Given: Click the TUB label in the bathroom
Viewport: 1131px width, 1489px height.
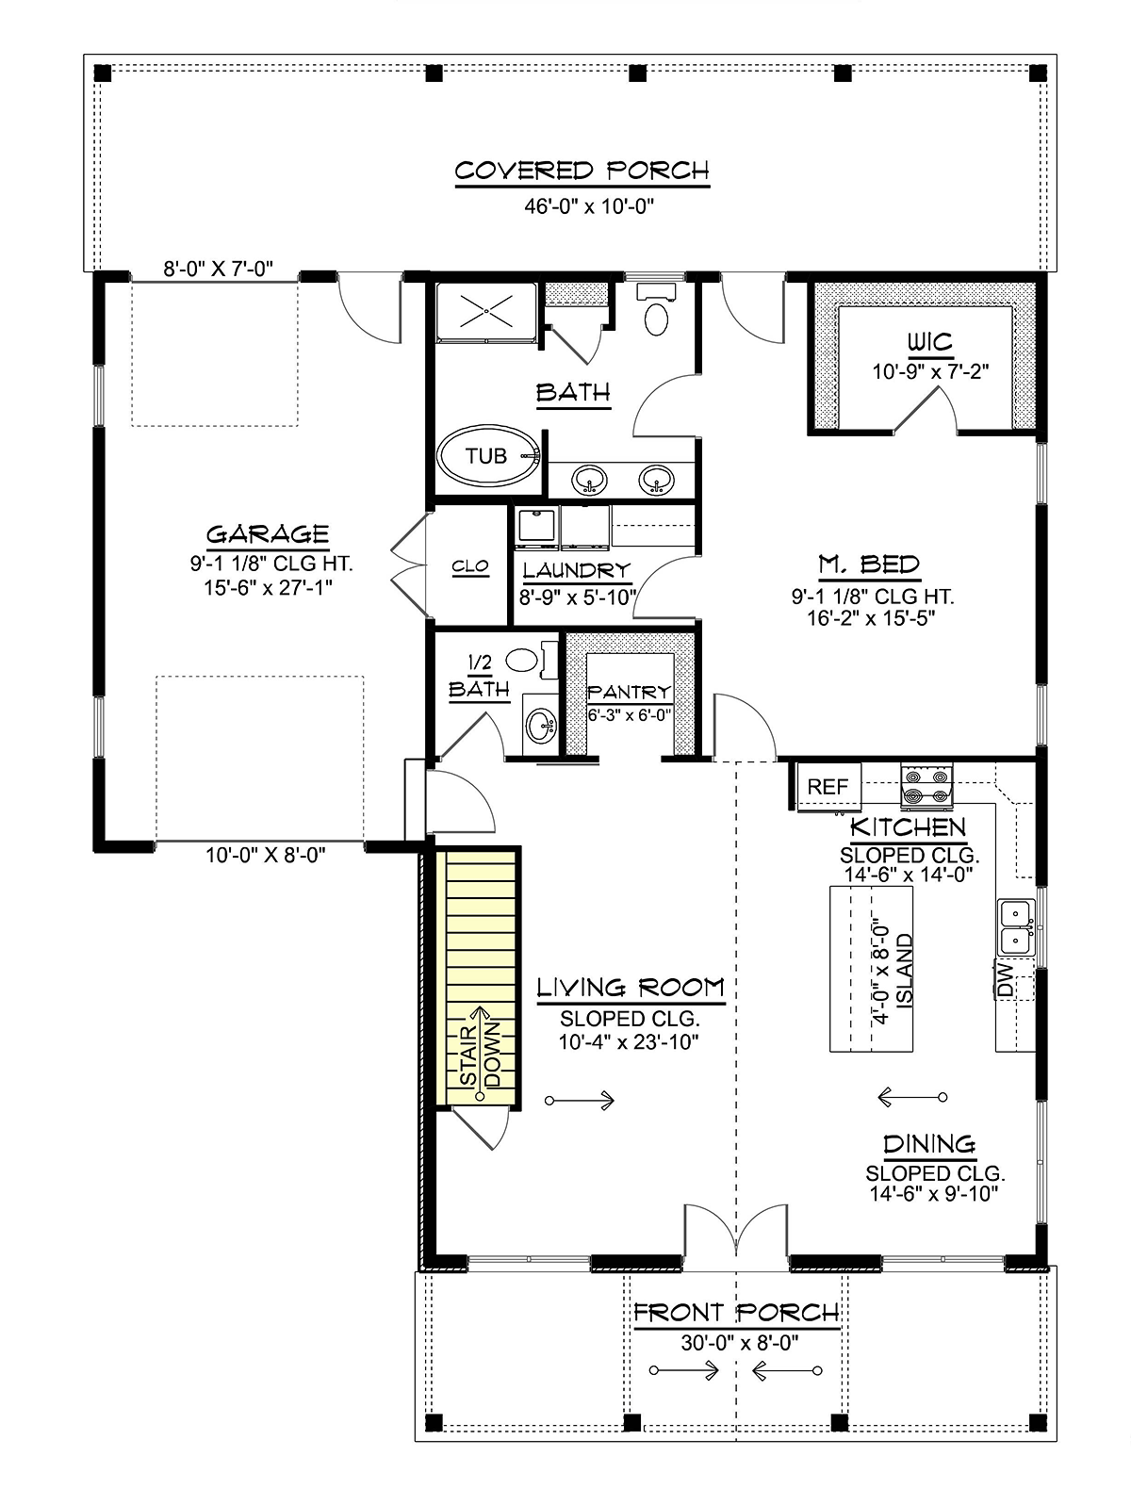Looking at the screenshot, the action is coord(485,456).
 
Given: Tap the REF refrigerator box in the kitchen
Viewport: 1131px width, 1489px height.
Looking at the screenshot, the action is coord(828,787).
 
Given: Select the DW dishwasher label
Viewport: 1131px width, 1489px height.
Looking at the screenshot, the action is coord(1006,979).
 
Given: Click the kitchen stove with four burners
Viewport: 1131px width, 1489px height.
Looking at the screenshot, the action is coord(926,786).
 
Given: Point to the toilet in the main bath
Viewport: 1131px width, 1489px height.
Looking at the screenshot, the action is coord(656,311).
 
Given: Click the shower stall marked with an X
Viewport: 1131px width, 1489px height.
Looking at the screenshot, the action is coord(486,311).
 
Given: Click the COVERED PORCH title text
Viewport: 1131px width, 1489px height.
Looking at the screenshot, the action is coord(582,171).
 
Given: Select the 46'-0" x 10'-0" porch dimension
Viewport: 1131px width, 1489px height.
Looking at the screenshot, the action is coord(589,205).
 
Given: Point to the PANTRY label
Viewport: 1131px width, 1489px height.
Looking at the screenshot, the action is coord(629,692).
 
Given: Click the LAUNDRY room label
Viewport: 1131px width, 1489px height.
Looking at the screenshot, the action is coord(577,570).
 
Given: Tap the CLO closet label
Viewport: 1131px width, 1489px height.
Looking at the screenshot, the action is coord(470,565).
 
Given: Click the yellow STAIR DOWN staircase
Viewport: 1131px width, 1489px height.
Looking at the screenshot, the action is coord(477,977).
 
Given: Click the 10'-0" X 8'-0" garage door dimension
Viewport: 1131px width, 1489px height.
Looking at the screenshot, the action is coord(265,855).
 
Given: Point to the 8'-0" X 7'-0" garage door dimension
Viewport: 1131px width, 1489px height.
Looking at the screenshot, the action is coord(218,269).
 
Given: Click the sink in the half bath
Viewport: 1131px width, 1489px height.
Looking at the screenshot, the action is coord(541,725).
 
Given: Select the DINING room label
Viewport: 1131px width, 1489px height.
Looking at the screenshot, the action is coord(928,1144).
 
